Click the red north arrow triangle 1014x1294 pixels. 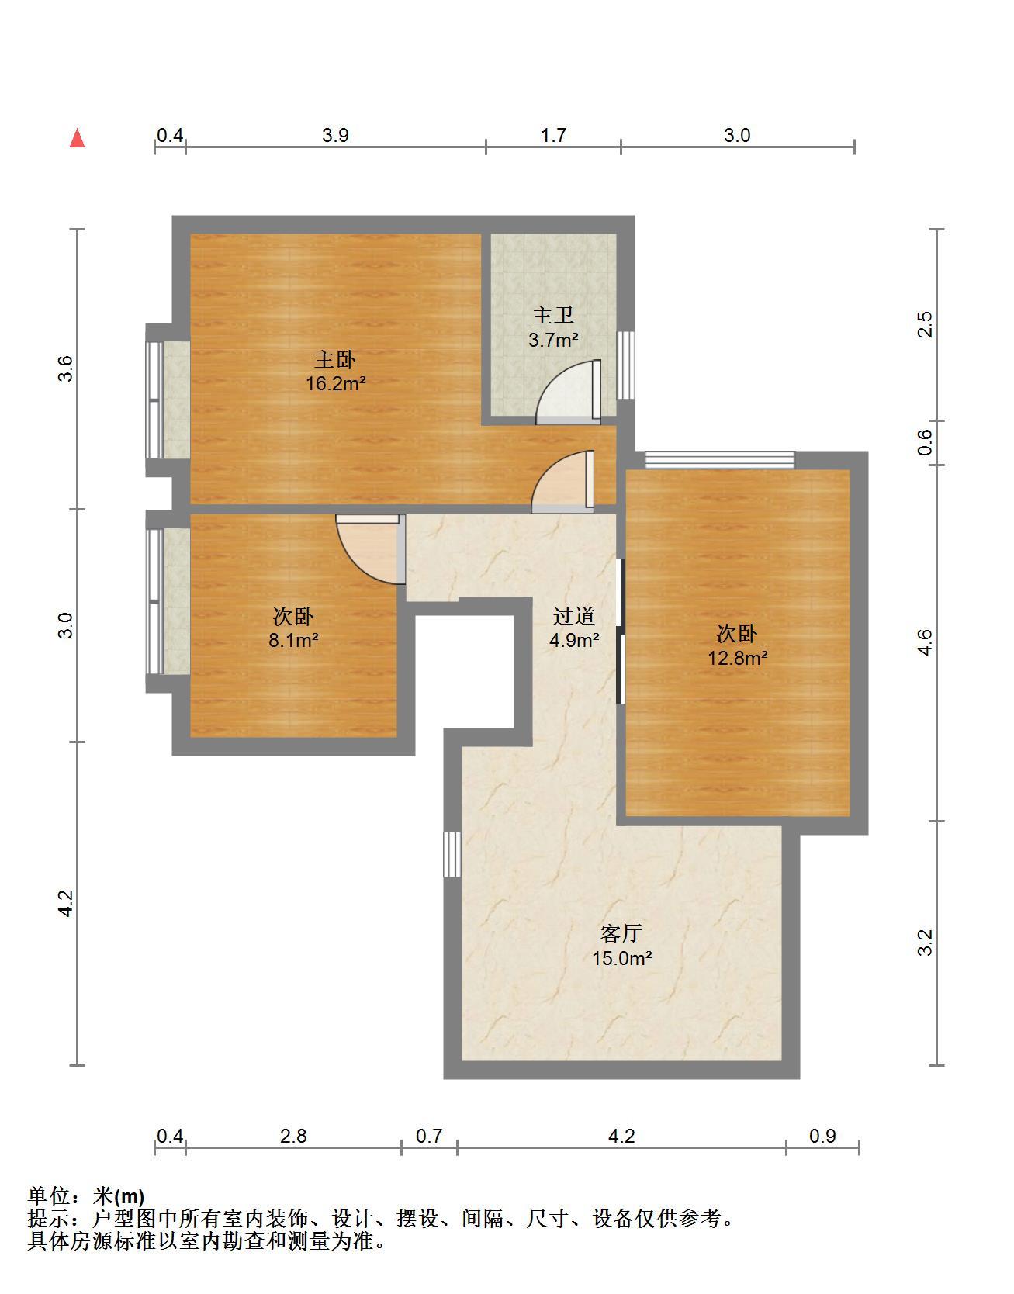click(77, 138)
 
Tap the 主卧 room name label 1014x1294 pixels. click(335, 360)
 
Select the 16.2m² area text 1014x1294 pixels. click(335, 383)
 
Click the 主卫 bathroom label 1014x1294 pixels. click(553, 316)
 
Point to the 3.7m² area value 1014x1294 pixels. click(553, 339)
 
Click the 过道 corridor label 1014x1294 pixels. click(574, 617)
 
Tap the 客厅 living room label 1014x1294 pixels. click(621, 933)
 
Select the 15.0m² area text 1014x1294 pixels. click(621, 958)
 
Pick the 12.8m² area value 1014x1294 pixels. click(737, 659)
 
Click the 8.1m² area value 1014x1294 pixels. click(293, 641)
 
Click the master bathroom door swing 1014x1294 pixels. click(569, 392)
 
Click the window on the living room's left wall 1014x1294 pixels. click(452, 854)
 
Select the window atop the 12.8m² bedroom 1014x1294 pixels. click(720, 460)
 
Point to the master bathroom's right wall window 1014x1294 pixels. click(625, 365)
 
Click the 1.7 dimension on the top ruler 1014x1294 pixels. click(553, 136)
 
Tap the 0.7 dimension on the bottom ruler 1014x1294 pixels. click(429, 1137)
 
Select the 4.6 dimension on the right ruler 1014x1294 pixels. click(925, 642)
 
